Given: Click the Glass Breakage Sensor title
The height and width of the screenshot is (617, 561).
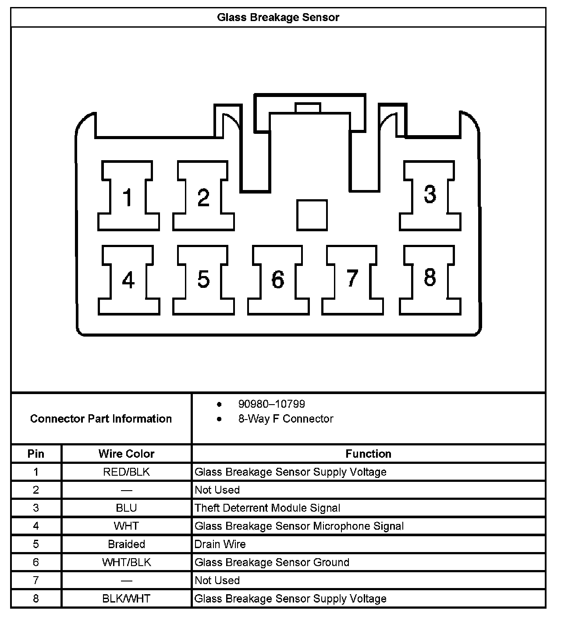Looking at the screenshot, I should pos(278,18).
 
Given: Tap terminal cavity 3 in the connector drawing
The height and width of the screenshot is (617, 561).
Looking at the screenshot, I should pos(430,195).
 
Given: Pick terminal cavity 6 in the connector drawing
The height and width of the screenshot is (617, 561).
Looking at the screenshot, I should pos(278,280).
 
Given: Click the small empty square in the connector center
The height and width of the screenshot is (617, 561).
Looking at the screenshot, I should pos(312,215).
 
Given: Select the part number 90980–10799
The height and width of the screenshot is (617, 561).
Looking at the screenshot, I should pos(271,404).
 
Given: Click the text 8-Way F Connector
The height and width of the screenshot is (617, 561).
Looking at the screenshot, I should pos(285,419).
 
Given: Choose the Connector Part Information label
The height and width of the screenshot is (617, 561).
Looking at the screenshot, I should pos(101,419).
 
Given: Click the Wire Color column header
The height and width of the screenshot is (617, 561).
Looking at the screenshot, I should pos(126,454).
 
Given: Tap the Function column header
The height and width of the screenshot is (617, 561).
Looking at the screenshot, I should pos(368,454).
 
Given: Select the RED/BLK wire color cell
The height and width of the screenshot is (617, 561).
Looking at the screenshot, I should pos(126,472).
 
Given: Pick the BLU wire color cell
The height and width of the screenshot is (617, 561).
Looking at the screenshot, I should pos(126,508).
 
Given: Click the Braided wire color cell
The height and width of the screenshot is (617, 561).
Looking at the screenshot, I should pos(126,544).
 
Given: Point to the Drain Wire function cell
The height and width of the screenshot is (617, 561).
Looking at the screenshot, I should pos(220,544).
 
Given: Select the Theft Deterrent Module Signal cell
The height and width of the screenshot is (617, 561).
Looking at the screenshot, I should pos(267,508).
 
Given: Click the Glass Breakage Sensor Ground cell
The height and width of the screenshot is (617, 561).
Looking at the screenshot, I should pos(272,563).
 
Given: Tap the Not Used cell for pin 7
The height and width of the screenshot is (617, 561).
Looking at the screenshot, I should pos(217,581).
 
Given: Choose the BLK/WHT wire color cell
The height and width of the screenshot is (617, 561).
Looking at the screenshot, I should pos(126,599).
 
